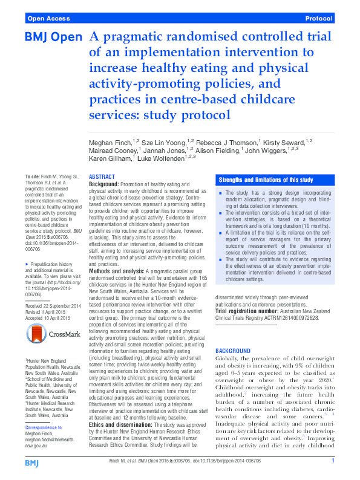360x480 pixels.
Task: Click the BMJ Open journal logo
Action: tap(53, 37)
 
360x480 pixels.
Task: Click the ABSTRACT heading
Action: tap(102, 177)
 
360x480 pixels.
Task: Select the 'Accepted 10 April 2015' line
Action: tap(49, 318)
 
